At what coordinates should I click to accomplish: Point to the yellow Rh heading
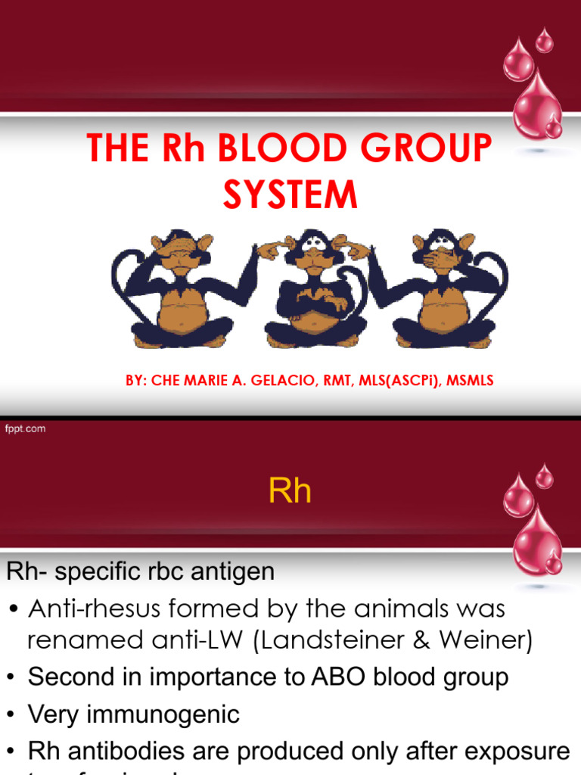click(x=290, y=492)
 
